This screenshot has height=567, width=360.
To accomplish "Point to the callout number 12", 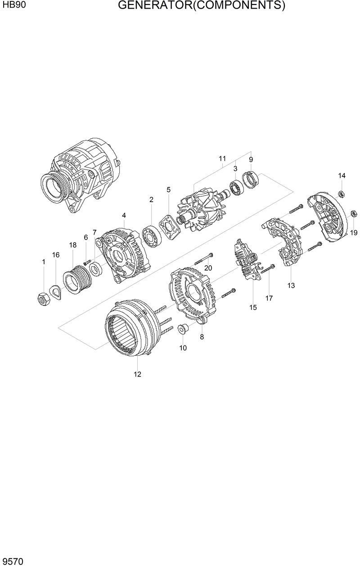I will [x=137, y=374].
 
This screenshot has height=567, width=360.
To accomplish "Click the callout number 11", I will [x=222, y=159].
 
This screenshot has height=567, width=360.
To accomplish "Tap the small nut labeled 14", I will [x=341, y=194].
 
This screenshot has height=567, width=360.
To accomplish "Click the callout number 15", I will [x=253, y=308].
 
